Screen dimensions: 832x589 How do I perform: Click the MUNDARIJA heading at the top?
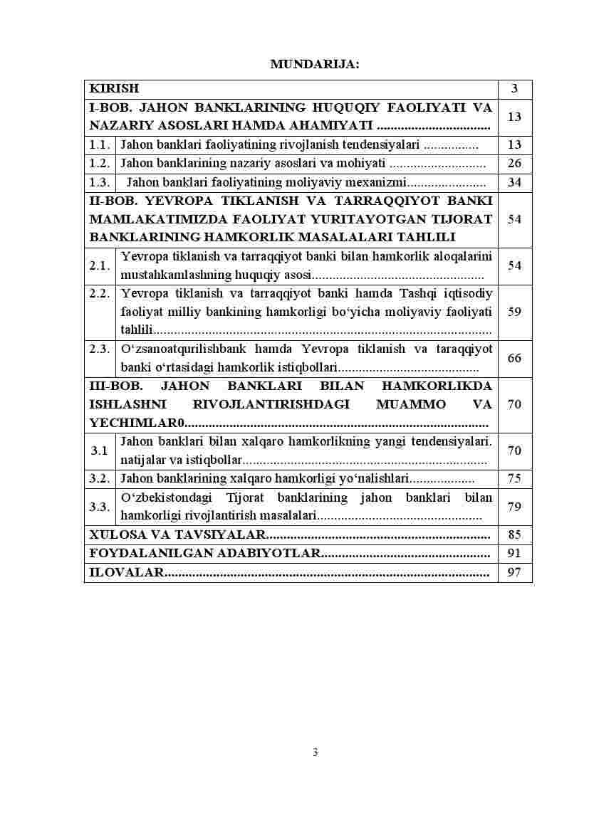click(315, 65)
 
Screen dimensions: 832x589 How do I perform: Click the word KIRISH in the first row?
click(114, 89)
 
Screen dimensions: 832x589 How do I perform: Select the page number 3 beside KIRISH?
click(514, 89)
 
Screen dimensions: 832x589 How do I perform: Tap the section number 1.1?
click(100, 144)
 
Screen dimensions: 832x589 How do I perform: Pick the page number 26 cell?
click(514, 164)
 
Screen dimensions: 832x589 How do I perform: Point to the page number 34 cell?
click(514, 183)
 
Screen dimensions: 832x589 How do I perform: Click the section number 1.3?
click(100, 183)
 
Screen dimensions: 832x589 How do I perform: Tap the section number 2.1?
click(100, 266)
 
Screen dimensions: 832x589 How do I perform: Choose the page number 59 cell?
click(514, 312)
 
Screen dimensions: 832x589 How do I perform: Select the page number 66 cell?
click(514, 358)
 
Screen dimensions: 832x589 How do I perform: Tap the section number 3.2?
click(100, 478)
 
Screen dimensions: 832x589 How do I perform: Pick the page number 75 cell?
click(514, 478)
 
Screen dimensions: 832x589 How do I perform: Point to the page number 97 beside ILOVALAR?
click(514, 572)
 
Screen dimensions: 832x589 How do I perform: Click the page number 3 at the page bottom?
click(315, 753)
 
